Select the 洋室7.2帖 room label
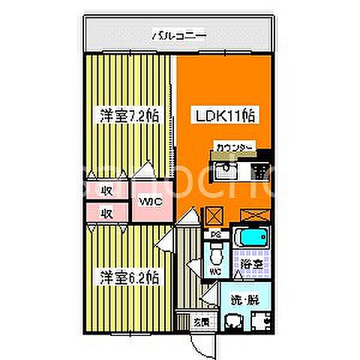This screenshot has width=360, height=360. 129,116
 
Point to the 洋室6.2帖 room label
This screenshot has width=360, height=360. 129,277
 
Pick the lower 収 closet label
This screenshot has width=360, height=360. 106,212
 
